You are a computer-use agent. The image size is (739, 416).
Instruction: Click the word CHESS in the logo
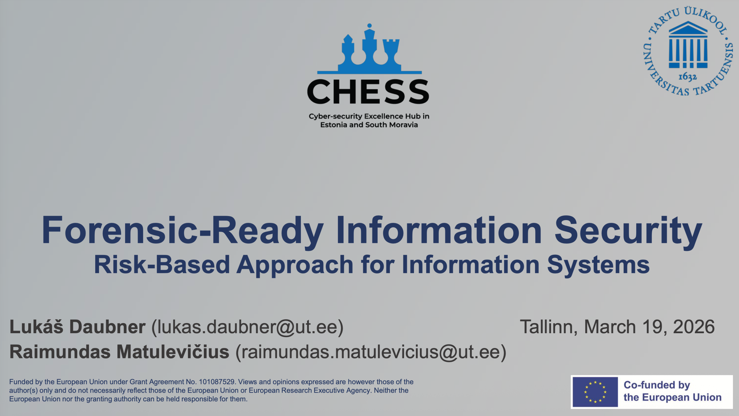[368, 92]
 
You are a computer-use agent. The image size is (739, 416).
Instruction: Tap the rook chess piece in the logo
[391, 53]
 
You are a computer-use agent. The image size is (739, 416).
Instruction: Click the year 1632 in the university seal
[687, 77]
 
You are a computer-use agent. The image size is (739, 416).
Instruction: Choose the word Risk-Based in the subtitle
[162, 265]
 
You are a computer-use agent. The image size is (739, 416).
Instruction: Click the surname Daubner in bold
[107, 327]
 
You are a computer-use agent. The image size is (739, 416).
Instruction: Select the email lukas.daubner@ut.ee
[247, 327]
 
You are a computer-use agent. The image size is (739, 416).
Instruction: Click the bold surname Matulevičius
[173, 352]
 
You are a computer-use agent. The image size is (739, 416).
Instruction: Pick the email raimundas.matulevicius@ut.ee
[371, 352]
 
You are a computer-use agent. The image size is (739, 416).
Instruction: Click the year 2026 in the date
[693, 327]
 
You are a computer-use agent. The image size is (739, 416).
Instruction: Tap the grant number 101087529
[217, 382]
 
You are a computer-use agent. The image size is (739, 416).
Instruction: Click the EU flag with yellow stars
[595, 392]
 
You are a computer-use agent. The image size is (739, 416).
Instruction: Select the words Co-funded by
[657, 385]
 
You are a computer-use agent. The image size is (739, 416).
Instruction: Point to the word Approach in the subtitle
[295, 265]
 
